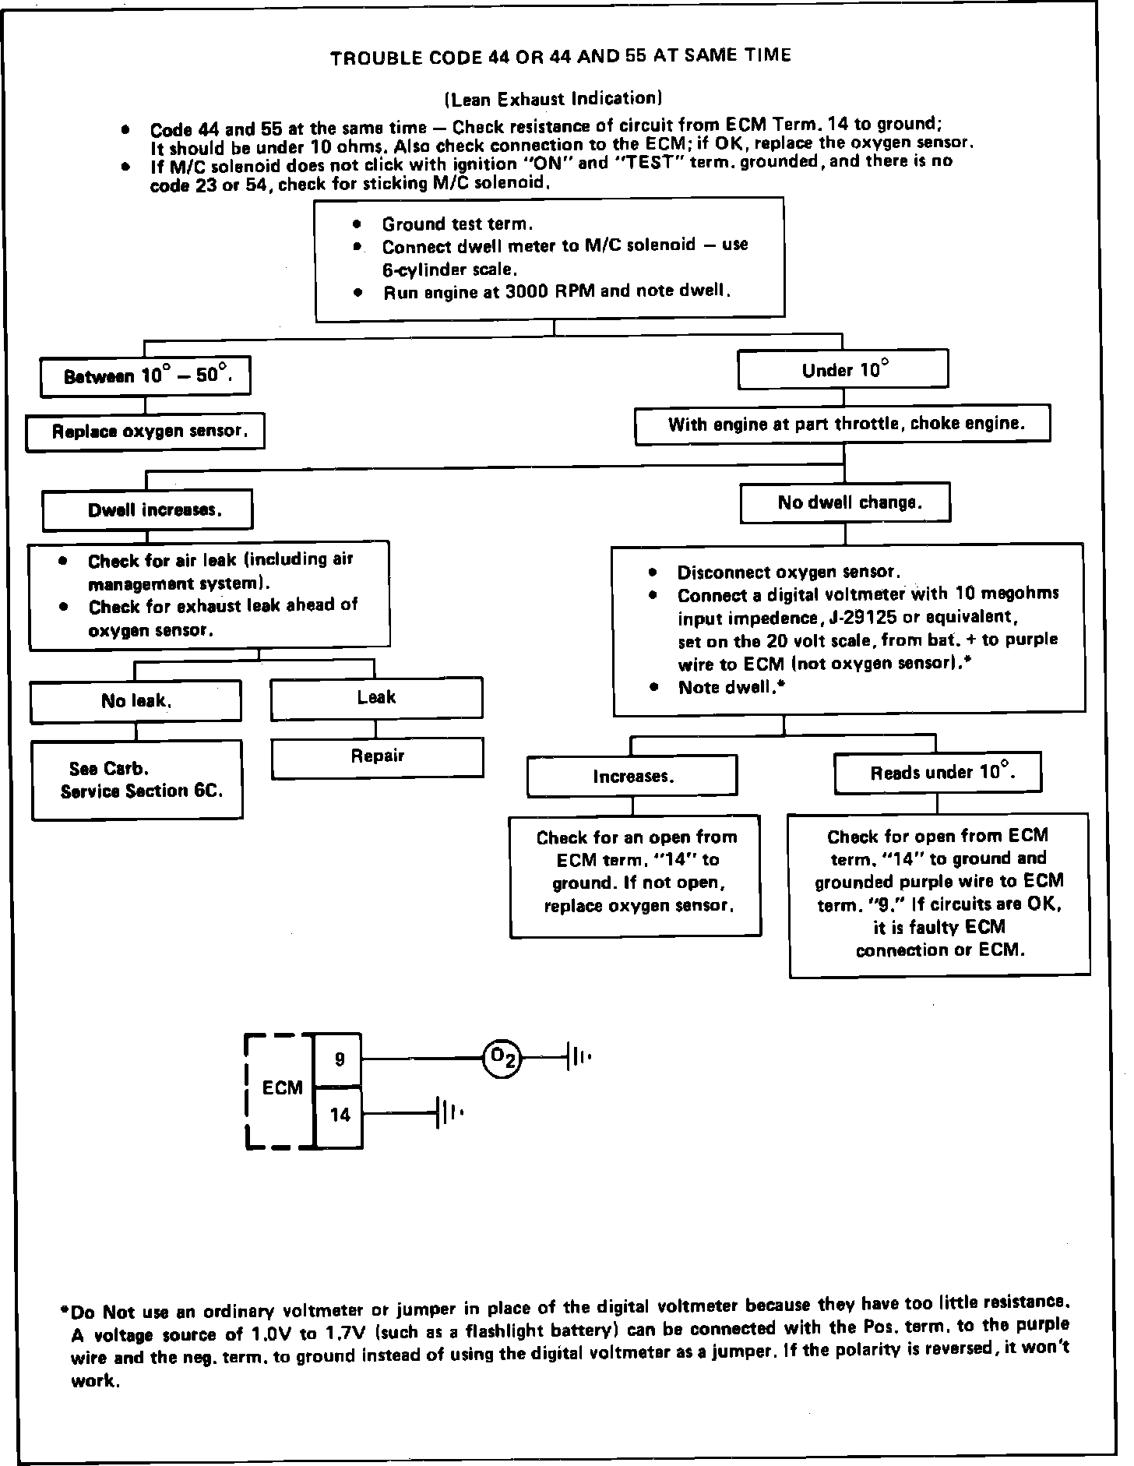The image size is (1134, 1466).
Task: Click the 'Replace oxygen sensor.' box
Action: point(145,432)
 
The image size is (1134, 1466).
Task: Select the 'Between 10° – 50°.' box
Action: point(146,376)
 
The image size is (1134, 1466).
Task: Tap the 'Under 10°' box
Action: point(843,369)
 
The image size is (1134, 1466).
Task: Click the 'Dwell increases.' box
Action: point(147,510)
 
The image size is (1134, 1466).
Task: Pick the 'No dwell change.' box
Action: point(845,502)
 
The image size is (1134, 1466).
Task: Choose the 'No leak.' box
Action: point(136,701)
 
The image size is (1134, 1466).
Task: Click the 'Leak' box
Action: point(376,698)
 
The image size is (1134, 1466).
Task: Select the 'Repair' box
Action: point(377,757)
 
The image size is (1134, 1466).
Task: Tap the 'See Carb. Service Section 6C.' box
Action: point(137,780)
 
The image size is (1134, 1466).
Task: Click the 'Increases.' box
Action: point(632,776)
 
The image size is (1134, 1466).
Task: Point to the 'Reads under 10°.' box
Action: point(938,773)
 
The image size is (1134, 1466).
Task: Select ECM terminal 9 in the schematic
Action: point(339,1059)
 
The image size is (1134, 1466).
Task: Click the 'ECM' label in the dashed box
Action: point(282,1087)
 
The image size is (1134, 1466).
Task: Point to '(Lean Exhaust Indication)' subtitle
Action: point(553,98)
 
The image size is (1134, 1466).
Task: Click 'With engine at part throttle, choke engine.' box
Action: point(842,425)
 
